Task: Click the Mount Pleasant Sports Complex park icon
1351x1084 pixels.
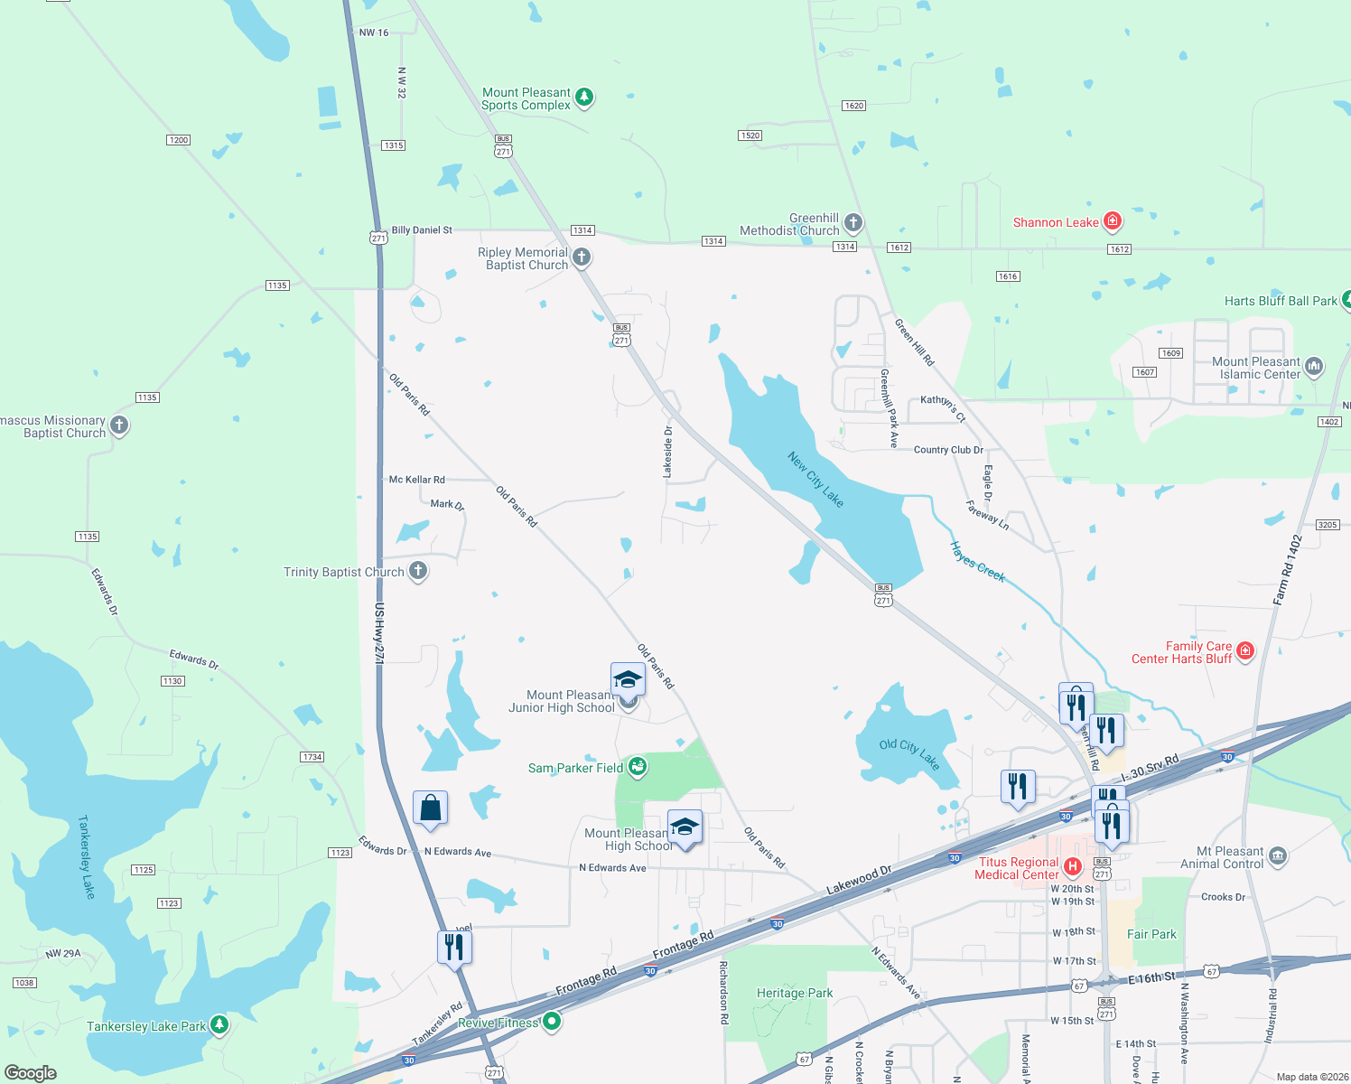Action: point(584,97)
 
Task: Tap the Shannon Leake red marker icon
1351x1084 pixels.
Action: point(1113,221)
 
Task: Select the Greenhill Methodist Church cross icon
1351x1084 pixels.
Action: point(853,222)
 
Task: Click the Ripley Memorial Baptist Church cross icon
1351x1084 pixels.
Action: point(582,257)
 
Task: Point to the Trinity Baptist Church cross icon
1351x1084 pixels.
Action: point(417,571)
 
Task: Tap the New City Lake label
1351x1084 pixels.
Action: point(815,480)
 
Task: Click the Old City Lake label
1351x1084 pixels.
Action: point(909,754)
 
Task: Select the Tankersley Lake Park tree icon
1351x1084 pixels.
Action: point(219,1024)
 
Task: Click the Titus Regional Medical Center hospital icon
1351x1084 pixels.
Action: point(1072,867)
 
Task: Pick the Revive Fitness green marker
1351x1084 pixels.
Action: point(552,1022)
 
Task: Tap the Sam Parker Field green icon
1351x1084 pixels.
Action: point(637,767)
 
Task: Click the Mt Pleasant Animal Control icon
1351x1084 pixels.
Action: point(1277,855)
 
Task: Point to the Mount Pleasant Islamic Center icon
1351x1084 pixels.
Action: point(1314,366)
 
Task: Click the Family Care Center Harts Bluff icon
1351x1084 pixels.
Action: point(1245,650)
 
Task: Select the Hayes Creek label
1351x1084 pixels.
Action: point(977,562)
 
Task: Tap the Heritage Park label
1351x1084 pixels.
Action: point(795,993)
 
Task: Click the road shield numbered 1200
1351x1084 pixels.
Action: point(179,140)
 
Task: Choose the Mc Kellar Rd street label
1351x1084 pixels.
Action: point(416,480)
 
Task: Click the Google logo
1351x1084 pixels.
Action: point(31,1073)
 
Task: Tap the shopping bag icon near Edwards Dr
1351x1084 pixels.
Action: point(430,808)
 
